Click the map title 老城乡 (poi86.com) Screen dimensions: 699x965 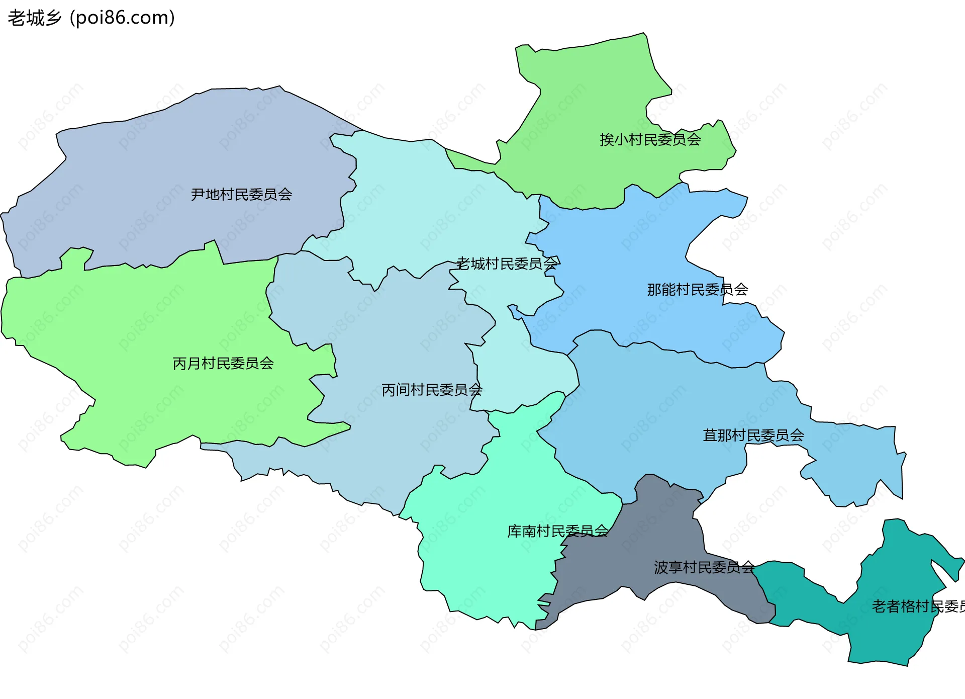[x=91, y=18]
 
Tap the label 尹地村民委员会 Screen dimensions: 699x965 [x=241, y=194]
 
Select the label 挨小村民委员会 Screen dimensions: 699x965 [x=650, y=139]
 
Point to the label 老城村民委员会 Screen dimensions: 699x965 [x=507, y=264]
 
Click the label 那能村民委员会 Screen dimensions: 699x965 [x=697, y=290]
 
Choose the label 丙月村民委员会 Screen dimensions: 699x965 [x=223, y=363]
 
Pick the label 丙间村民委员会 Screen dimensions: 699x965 [x=432, y=390]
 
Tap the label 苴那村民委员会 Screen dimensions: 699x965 [x=753, y=435]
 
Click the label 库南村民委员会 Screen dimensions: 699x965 [x=557, y=531]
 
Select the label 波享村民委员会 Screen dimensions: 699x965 [x=704, y=567]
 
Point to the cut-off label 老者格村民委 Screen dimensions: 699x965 [x=918, y=606]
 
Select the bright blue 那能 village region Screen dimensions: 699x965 [x=628, y=251]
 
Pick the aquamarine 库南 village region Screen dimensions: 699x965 [x=482, y=553]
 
